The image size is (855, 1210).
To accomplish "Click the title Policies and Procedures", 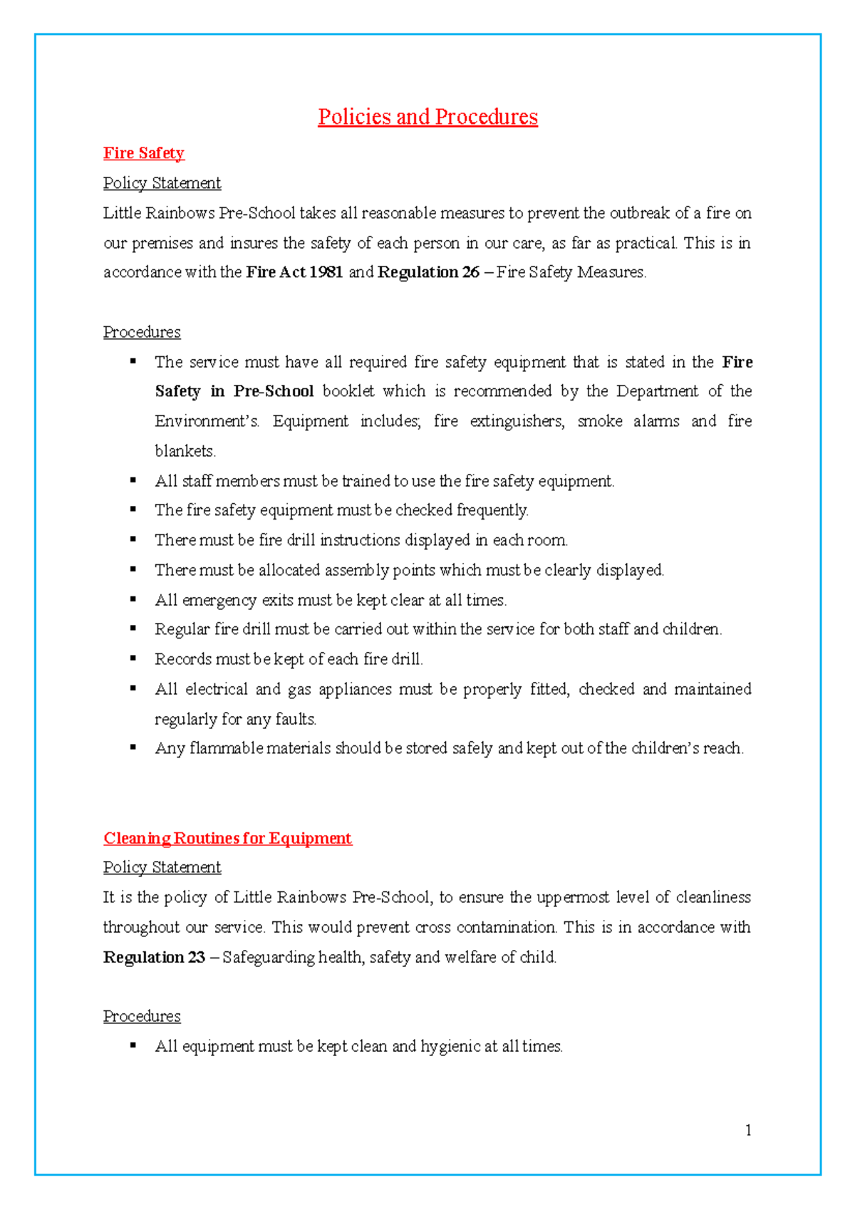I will coord(427,117).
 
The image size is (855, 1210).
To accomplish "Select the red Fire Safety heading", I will coord(143,153).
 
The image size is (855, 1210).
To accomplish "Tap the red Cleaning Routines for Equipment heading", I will coord(227,838).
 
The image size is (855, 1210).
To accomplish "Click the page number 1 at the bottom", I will coord(748,1130).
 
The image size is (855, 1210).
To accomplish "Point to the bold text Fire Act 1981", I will coord(294,272).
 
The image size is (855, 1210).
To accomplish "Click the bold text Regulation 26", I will coord(428,272).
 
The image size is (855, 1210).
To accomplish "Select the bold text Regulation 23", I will coord(154,957).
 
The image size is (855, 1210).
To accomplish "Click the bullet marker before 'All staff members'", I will coord(133,480).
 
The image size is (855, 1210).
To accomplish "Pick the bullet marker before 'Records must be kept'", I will coord(133,658).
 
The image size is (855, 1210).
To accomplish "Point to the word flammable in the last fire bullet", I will coord(226,748).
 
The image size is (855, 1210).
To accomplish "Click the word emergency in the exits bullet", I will coord(219,600).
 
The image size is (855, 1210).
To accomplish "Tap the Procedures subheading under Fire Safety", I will coord(142,332).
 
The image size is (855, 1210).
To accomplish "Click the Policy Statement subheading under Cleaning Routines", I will coord(162,867).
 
